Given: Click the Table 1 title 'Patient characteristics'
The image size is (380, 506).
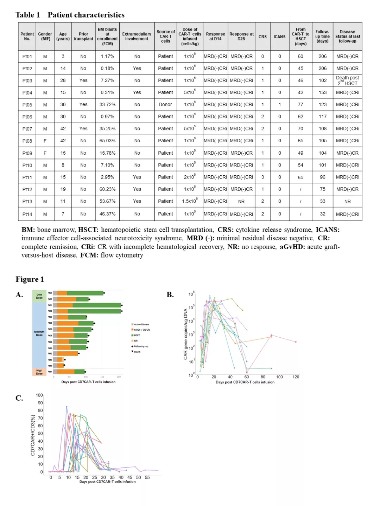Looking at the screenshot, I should coord(86,15).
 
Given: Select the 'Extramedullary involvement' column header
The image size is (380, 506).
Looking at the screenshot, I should coord(137,37).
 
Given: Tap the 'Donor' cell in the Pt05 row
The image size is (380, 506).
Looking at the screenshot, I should coord(165,105).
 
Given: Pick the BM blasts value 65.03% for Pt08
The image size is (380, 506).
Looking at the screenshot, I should coord(107,141).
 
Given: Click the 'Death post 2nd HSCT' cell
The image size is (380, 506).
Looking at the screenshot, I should coord(347,80).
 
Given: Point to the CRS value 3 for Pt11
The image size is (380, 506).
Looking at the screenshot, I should coord(262,177).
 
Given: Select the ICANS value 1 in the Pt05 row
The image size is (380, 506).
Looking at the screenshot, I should coord(280,105).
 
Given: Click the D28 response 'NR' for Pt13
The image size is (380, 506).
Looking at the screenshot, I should coord(241,202).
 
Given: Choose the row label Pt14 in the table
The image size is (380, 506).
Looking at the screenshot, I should coord(27,214).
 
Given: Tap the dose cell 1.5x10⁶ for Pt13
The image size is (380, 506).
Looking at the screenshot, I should coord(190,201).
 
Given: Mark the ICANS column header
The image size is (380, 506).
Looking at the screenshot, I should coord(280,37).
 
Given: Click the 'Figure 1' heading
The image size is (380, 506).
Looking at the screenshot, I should coord(30,279).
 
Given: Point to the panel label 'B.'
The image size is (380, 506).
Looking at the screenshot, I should coord(170,295).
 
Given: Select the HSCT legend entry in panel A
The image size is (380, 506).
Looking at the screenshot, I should coord(137,335).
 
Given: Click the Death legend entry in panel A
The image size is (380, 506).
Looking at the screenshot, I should coord(137,352).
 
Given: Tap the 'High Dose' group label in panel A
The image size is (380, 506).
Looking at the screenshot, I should coord(39,372).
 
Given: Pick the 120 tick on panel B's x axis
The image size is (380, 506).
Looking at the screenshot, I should coord(296,377).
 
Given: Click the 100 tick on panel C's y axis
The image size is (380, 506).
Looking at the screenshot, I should coord(39,395).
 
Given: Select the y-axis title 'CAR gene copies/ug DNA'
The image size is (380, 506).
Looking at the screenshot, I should coord(185,334).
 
